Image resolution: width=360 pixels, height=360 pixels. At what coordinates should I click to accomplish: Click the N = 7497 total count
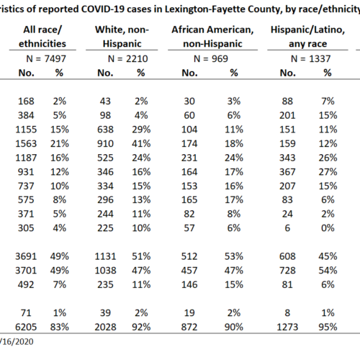coord(46,59)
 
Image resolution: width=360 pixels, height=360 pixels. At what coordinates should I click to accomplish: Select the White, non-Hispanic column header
coord(122,37)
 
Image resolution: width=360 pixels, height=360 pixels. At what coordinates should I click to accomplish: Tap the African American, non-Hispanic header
coord(212,37)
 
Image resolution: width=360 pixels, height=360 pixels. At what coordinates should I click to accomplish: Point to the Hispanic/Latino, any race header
coord(307,37)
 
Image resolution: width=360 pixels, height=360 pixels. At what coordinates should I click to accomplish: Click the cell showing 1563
coord(26,144)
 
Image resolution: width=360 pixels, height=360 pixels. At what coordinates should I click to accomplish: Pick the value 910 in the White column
coord(105,144)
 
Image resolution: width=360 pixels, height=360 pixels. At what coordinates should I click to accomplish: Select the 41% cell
coord(141,144)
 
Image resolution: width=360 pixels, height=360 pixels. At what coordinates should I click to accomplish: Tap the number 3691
coord(26,256)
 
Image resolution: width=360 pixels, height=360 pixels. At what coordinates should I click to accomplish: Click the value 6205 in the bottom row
coord(26,327)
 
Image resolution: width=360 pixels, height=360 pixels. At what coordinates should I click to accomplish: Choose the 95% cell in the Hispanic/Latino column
coord(328,327)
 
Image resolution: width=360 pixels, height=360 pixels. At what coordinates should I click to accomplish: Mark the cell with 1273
coord(287,327)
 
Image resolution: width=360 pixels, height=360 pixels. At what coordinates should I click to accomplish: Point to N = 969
coord(211,59)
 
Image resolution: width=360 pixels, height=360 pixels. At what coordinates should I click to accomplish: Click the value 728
coord(287,271)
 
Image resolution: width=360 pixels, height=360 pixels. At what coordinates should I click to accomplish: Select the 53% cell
coord(234,256)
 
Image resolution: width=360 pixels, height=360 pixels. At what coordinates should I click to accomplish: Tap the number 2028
coord(105,327)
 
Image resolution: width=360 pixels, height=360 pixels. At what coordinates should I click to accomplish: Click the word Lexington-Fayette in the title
coord(204,9)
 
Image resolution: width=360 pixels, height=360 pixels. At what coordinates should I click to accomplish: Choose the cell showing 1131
coord(105,256)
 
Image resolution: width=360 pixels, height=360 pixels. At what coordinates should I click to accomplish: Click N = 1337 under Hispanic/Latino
coord(311,59)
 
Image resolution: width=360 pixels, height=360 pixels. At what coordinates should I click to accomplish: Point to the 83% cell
coord(60,327)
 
